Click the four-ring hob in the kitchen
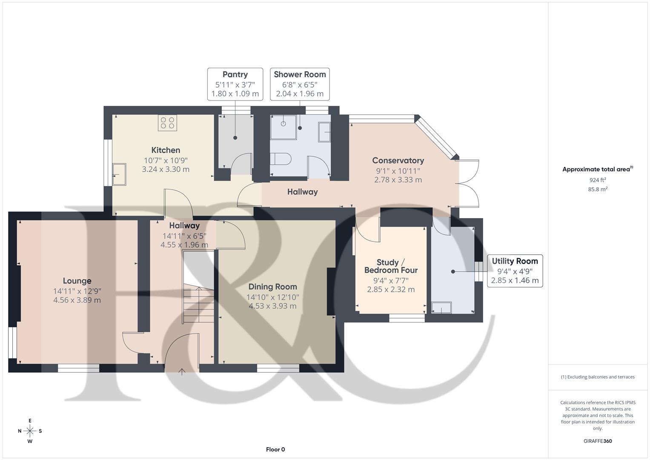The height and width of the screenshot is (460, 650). pos(167,123)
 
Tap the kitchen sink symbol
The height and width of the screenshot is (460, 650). pos(119,174)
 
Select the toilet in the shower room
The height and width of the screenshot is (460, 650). pos(281,159)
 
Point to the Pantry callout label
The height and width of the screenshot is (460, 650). pos(235,84)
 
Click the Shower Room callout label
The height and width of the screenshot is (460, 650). pos(300,84)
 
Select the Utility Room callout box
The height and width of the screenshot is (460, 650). pos(515,271)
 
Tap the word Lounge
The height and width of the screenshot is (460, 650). pos(77,281)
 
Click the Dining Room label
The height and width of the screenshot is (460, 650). pos(273,287)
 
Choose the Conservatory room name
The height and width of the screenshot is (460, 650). pos(398,160)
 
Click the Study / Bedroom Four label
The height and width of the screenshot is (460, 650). pos(391,266)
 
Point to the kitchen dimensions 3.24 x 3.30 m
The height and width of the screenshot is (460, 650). pos(166,170)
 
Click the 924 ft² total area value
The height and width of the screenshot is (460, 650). pos(598,180)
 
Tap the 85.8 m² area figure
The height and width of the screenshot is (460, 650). pos(598,189)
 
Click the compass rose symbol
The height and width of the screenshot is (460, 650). pos(30,431)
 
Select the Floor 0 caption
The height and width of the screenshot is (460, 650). pos(275,449)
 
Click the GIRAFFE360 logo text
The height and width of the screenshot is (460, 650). pos(598,441)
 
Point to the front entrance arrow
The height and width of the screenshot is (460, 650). pos(182,372)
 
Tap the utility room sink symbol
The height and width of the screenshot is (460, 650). pos(441,308)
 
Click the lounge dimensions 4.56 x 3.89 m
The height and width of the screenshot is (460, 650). pos(77,300)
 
